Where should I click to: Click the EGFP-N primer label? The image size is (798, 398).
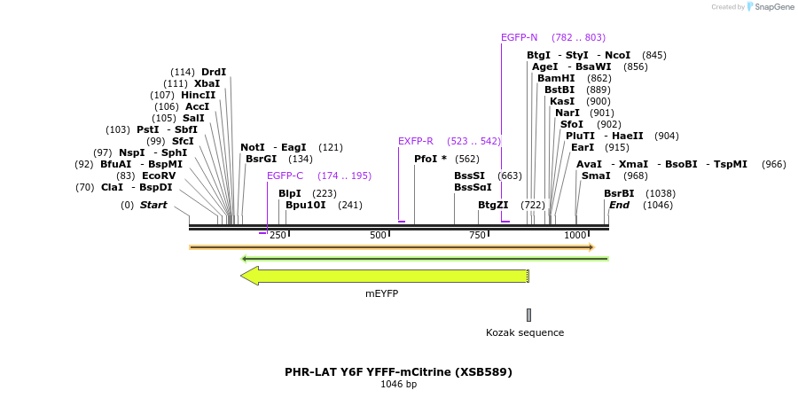pyautogui.click(x=519, y=37)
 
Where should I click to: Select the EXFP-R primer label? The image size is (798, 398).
pyautogui.click(x=415, y=141)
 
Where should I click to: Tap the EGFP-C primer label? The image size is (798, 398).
pyautogui.click(x=285, y=176)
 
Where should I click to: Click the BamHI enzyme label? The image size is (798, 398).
pyautogui.click(x=556, y=78)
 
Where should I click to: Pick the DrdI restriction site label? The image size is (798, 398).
pyautogui.click(x=214, y=72)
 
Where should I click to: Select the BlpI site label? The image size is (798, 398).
pyautogui.click(x=290, y=193)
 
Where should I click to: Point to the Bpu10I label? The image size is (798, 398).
pyautogui.click(x=305, y=205)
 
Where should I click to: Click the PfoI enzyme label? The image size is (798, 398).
pyautogui.click(x=430, y=159)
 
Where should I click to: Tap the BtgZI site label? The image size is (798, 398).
pyautogui.click(x=493, y=205)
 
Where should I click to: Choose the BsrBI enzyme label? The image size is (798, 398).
pyautogui.click(x=619, y=193)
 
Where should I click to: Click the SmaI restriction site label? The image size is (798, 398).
pyautogui.click(x=596, y=176)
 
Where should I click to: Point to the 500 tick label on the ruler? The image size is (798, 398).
pyautogui.click(x=379, y=235)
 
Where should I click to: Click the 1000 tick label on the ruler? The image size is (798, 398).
pyautogui.click(x=575, y=235)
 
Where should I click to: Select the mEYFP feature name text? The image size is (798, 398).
pyautogui.click(x=382, y=292)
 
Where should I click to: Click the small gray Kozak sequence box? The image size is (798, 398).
pyautogui.click(x=528, y=315)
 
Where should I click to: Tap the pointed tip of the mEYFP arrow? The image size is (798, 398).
pyautogui.click(x=242, y=276)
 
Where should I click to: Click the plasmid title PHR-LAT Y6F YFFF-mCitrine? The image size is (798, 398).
pyautogui.click(x=398, y=372)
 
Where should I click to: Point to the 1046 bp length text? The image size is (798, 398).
pyautogui.click(x=398, y=385)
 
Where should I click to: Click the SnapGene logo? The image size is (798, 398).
pyautogui.click(x=769, y=7)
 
